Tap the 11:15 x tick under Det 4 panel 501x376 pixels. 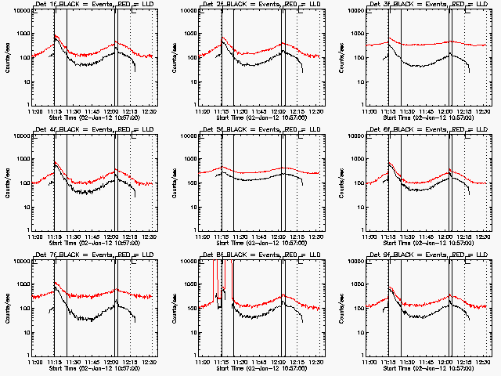tap(54, 236)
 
